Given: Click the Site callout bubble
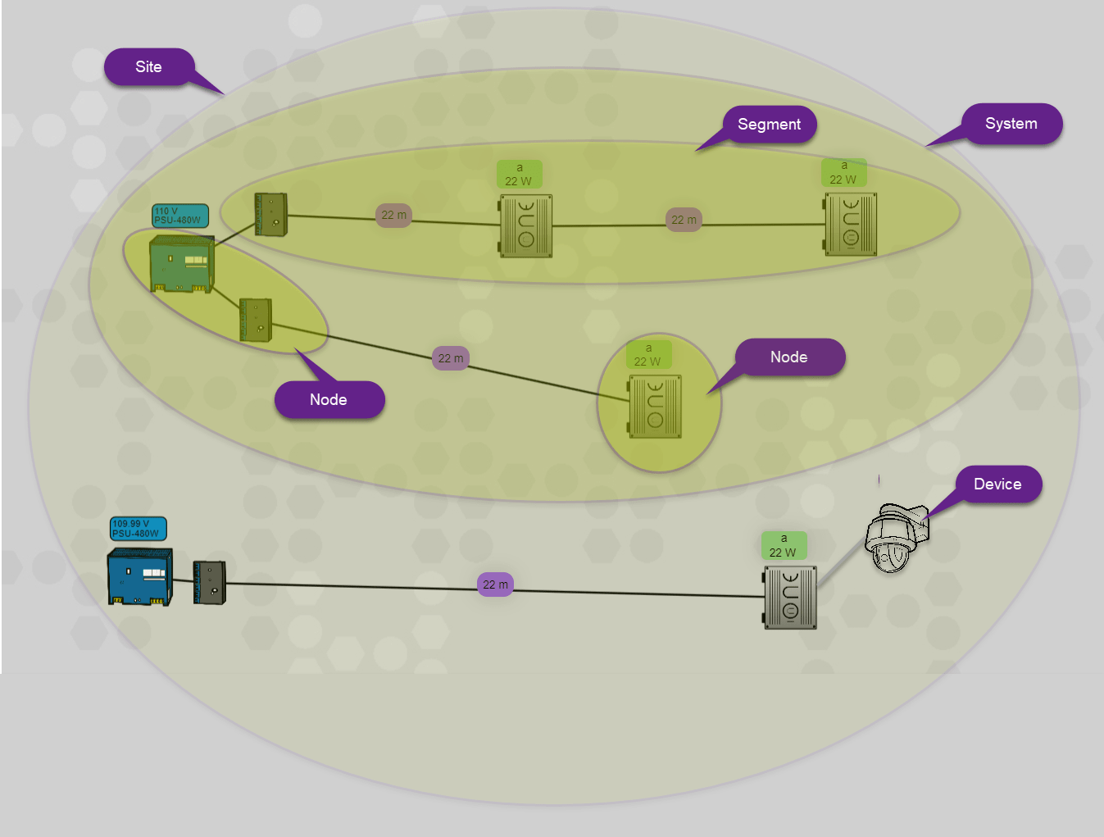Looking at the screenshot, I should (x=149, y=67).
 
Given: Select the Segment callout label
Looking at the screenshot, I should (x=769, y=125).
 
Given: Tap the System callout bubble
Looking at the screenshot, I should (x=1011, y=124).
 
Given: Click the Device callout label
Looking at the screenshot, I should (x=997, y=484).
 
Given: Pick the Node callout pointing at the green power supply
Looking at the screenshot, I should (x=329, y=400).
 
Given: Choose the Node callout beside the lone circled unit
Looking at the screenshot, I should (x=789, y=357).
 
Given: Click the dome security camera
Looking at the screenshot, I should (x=895, y=538).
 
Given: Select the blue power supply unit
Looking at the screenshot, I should (x=140, y=576).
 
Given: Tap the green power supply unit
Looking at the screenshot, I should (x=182, y=264).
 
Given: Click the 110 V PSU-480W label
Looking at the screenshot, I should (x=179, y=216).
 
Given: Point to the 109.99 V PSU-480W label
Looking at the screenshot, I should (x=138, y=529).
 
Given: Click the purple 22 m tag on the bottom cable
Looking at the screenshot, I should (x=495, y=585).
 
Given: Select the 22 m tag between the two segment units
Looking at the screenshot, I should (x=684, y=220).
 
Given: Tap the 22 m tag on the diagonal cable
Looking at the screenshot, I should (x=450, y=358).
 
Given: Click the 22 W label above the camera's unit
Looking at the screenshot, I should (x=784, y=546).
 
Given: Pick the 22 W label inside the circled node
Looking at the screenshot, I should (x=648, y=355).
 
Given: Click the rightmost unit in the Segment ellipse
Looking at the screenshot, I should (x=851, y=225).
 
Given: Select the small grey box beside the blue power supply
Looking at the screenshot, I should (x=209, y=583).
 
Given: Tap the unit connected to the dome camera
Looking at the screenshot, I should (x=790, y=598).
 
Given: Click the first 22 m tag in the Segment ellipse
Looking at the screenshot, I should (x=393, y=216).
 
